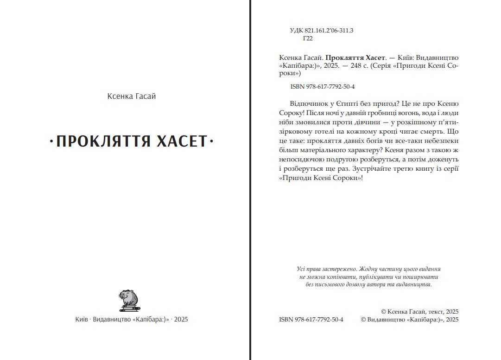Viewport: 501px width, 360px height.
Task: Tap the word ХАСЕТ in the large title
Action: tap(183, 141)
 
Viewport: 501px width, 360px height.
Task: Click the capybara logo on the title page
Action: tap(129, 300)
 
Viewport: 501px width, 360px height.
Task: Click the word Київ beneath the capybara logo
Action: tap(82, 319)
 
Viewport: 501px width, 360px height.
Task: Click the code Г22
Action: tap(307, 39)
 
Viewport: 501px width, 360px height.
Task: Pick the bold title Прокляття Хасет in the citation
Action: tap(355, 57)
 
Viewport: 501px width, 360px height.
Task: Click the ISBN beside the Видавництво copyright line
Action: tap(311, 319)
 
